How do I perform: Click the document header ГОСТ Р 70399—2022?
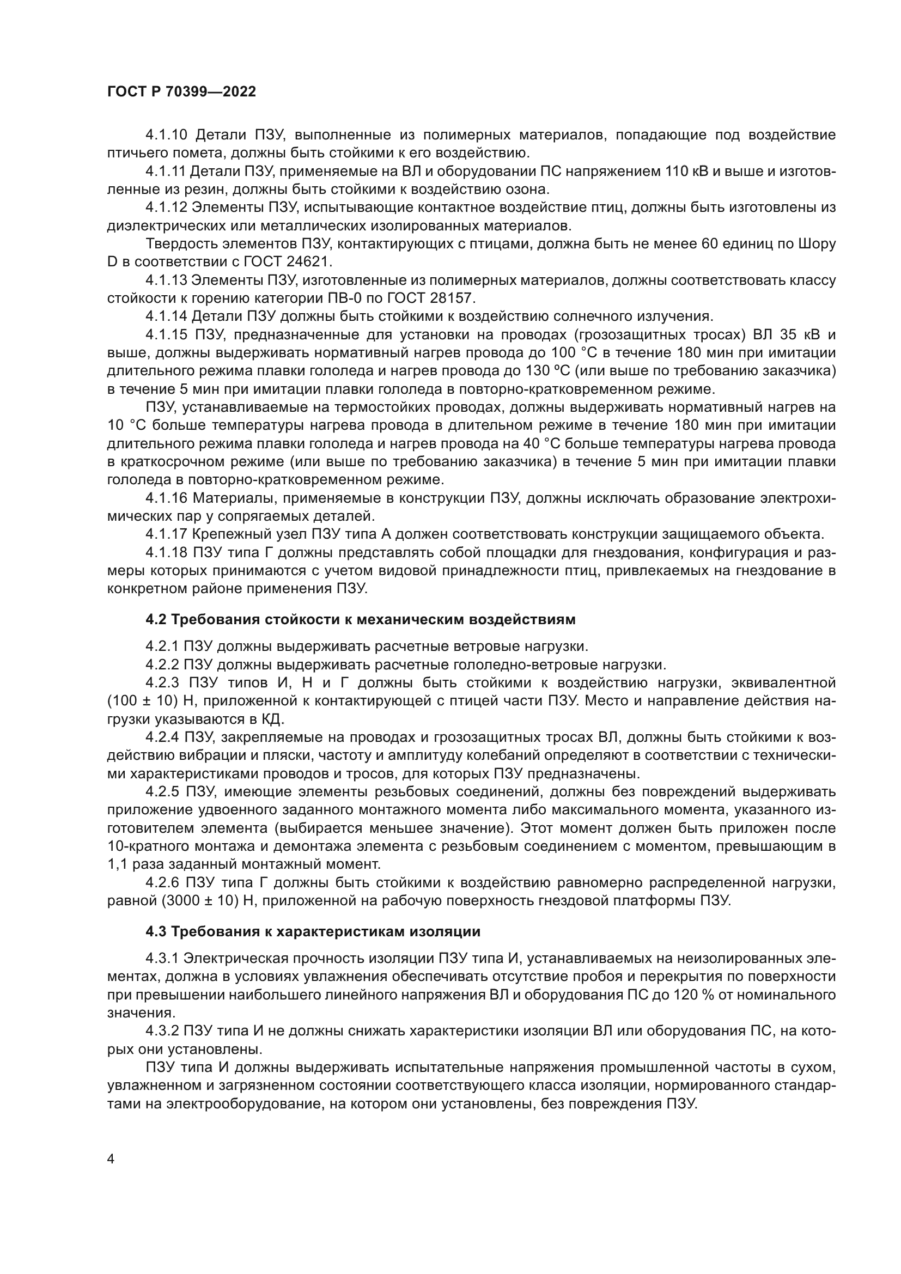point(181,92)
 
